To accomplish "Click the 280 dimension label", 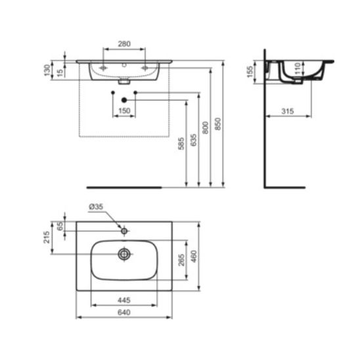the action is [x=124, y=43].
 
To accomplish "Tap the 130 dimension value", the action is [x=47, y=70].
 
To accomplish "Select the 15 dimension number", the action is [x=60, y=73].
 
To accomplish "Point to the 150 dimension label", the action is [x=124, y=110].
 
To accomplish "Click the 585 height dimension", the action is [x=181, y=143].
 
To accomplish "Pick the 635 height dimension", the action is [x=194, y=140].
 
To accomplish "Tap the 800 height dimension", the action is [x=206, y=127].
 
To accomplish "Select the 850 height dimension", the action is [x=217, y=124].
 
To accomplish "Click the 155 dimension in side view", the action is [x=250, y=72].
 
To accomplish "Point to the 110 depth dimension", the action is [x=298, y=68].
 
